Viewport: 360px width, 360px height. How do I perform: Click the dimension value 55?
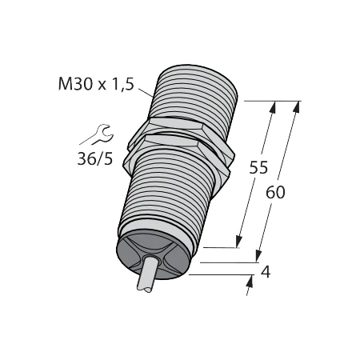point(258,169)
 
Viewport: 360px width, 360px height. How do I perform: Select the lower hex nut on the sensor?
point(180,152)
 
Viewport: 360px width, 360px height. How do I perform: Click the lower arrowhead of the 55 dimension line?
point(238,243)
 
